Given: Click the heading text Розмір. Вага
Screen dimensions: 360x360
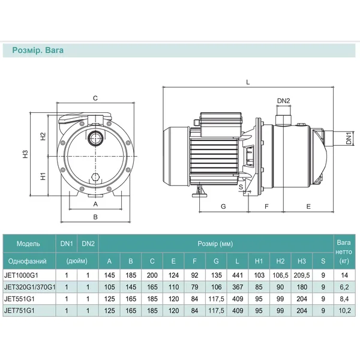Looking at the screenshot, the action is pyautogui.click(x=38, y=50).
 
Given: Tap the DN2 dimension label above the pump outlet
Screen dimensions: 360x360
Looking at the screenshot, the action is pyautogui.click(x=284, y=101).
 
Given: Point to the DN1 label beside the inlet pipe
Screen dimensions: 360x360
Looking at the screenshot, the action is pyautogui.click(x=349, y=138).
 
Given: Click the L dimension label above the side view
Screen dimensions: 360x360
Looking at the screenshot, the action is pyautogui.click(x=248, y=82).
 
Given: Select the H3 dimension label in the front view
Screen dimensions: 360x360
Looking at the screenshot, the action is pyautogui.click(x=25, y=154).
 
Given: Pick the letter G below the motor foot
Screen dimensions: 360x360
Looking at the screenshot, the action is pyautogui.click(x=223, y=206).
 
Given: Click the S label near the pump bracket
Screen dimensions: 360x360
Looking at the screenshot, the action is pyautogui.click(x=241, y=187).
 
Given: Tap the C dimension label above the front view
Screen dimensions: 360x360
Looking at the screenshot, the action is pyautogui.click(x=95, y=98).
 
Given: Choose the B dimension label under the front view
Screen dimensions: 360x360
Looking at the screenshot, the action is pyautogui.click(x=95, y=217).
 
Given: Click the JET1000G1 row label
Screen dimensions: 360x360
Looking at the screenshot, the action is pyautogui.click(x=21, y=275).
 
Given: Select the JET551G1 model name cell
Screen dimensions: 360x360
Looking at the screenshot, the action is pyautogui.click(x=19, y=299).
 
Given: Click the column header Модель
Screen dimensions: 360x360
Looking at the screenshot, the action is pyautogui.click(x=28, y=244).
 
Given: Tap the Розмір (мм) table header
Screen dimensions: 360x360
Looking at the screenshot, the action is pyautogui.click(x=215, y=244).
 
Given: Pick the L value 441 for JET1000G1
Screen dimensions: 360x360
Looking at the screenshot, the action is pyautogui.click(x=238, y=275).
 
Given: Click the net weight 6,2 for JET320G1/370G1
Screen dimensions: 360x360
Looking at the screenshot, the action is pyautogui.click(x=344, y=287).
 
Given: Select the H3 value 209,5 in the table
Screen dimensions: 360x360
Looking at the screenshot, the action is pyautogui.click(x=302, y=275).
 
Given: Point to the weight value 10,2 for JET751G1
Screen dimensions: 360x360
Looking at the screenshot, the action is pyautogui.click(x=344, y=311).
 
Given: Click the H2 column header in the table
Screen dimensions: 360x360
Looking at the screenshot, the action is pyautogui.click(x=280, y=261).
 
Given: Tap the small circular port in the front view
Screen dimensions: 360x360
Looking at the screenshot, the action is pyautogui.click(x=95, y=139).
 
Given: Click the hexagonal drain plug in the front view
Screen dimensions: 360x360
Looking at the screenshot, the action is pyautogui.click(x=95, y=178).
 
